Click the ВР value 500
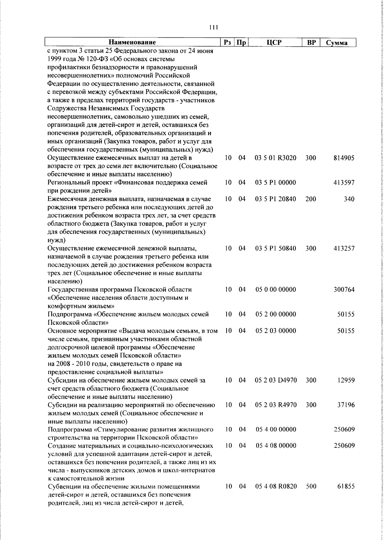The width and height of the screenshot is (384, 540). click(311, 495)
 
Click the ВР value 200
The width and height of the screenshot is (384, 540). click(311, 199)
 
